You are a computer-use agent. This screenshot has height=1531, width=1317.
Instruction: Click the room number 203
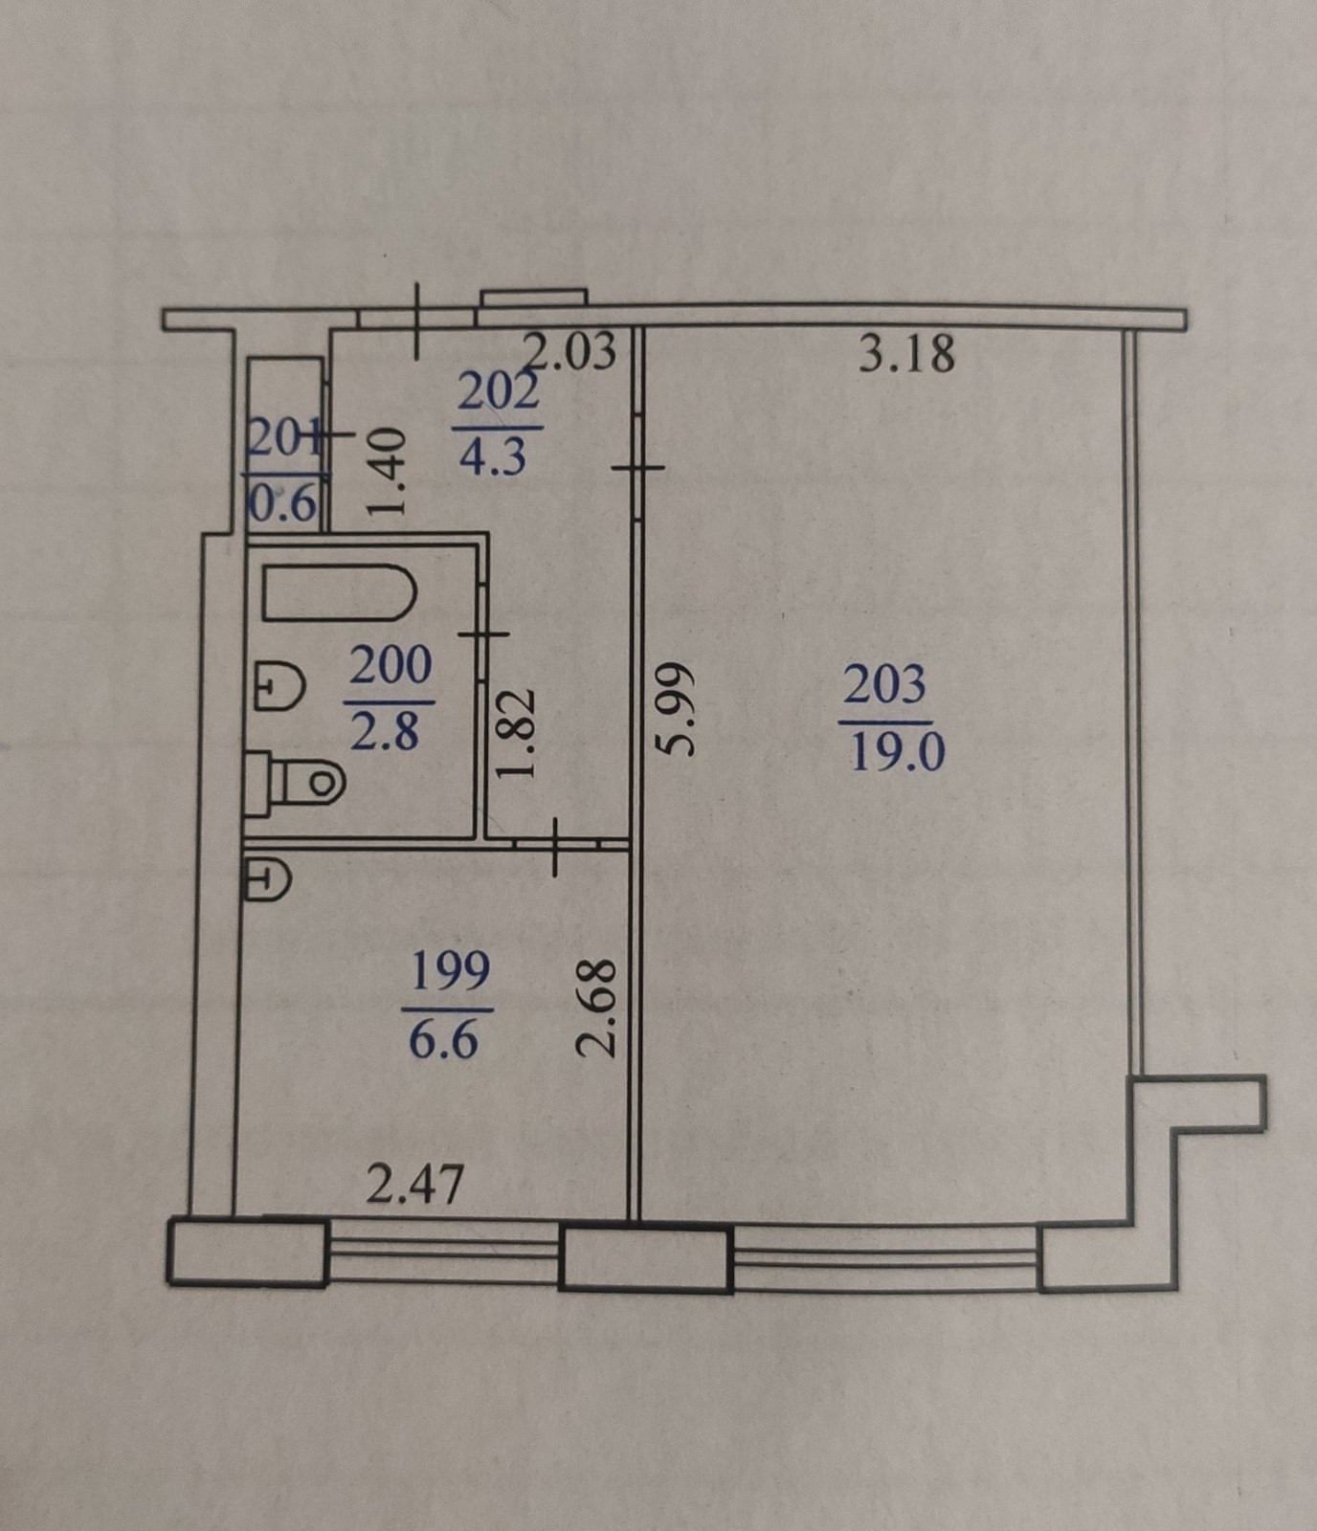884,685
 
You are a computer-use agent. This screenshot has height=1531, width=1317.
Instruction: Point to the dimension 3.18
906,353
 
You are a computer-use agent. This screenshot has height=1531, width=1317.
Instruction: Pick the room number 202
499,392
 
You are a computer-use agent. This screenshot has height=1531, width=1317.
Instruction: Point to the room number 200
390,666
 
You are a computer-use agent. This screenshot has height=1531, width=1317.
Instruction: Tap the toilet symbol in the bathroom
297,783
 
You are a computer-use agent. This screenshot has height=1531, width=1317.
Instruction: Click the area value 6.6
444,1038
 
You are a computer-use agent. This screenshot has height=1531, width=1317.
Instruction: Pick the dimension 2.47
415,1186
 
